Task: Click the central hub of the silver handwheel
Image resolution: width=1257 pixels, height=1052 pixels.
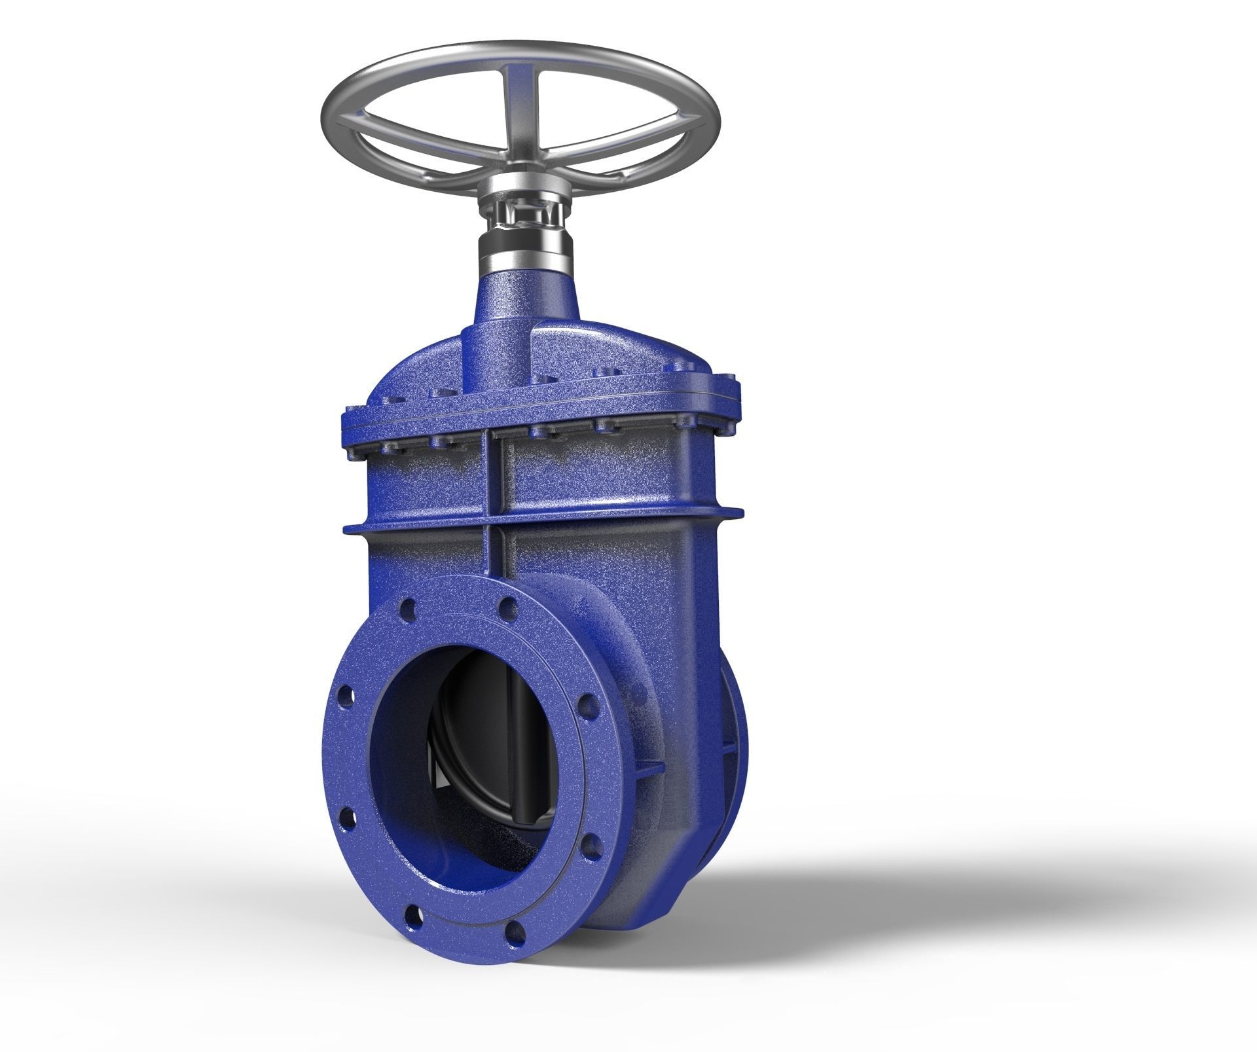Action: pos(521,176)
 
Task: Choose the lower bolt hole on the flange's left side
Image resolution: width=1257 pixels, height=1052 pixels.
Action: pos(347,818)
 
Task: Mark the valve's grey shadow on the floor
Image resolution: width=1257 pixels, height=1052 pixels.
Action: pos(917,884)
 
